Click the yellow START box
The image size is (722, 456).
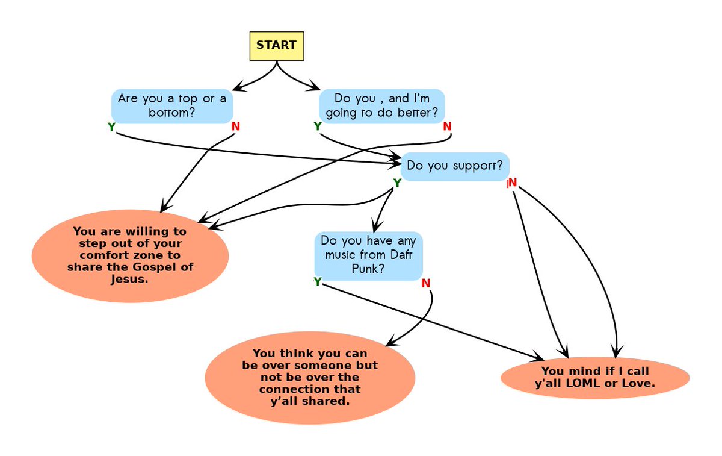pos(276,46)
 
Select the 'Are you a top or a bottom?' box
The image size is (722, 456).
pos(172,105)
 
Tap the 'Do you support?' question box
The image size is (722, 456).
pos(455,166)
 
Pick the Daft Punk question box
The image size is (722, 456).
pos(368,255)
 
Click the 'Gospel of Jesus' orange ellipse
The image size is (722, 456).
pos(130,255)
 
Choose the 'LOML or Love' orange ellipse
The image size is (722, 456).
pos(594,377)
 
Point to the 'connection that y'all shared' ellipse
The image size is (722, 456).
pos(310,377)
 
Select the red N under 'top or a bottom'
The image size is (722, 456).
pos(235,127)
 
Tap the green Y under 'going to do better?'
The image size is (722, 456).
pos(318,126)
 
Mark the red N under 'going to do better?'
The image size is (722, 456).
pos(447,126)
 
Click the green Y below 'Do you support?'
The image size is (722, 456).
pos(397,183)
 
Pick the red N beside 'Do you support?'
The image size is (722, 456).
pos(513,183)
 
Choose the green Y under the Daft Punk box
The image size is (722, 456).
pos(318,281)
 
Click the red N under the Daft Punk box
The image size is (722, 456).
pos(426,283)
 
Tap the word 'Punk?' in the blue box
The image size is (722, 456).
pos(368,269)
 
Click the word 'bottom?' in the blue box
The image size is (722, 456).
pos(172,113)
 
